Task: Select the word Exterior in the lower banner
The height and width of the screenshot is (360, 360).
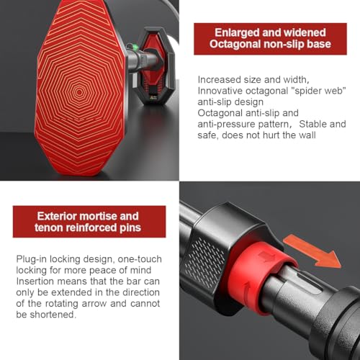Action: [x=57, y=216]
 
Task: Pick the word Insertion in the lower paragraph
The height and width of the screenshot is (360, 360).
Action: [x=35, y=282]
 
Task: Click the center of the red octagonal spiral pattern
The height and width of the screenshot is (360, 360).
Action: [x=79, y=92]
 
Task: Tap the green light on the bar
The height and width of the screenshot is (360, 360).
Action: [x=135, y=48]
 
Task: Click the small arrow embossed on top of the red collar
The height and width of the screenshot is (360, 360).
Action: [x=267, y=257]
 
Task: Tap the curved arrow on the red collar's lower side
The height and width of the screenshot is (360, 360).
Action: [x=247, y=291]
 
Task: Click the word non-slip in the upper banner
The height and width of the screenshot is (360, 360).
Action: [x=284, y=44]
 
